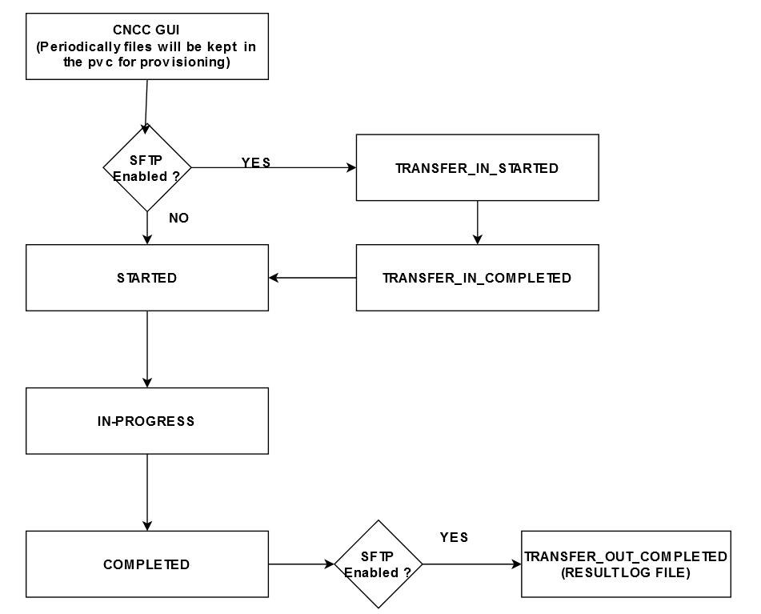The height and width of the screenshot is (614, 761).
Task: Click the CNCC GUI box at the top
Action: tap(146, 46)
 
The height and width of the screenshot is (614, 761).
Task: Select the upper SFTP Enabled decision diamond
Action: tap(147, 167)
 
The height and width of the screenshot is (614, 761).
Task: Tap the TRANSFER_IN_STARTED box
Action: tap(477, 168)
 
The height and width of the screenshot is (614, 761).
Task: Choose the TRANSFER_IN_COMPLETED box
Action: tap(477, 278)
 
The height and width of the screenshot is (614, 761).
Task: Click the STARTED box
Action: tap(146, 278)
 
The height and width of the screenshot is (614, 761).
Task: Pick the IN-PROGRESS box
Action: tap(146, 421)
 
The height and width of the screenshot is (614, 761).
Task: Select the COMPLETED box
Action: tap(146, 564)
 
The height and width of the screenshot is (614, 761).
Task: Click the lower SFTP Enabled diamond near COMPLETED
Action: tap(378, 564)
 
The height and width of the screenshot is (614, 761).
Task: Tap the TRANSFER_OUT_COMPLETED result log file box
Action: tap(626, 564)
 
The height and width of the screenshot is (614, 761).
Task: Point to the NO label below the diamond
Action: tap(179, 218)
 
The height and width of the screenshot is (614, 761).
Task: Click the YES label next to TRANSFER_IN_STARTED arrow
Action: tap(256, 163)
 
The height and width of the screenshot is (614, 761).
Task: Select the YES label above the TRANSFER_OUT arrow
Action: tap(454, 537)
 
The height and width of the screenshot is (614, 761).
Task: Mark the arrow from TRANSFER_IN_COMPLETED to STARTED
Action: tap(312, 278)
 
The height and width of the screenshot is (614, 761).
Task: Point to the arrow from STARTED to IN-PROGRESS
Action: tap(147, 349)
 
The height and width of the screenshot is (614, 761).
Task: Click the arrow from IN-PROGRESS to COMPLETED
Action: tap(147, 492)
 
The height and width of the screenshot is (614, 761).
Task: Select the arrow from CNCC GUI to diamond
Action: tap(146, 104)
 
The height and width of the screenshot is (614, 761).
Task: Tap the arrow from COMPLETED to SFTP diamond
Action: tap(301, 564)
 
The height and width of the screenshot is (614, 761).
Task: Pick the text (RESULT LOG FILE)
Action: tap(626, 572)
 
